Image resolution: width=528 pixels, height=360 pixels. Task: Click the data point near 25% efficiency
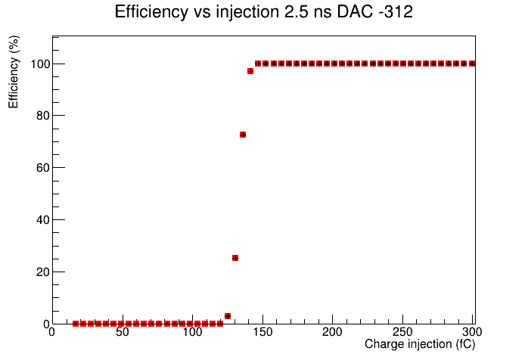pos(235,258)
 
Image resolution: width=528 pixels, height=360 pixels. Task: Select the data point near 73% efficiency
pos(243,135)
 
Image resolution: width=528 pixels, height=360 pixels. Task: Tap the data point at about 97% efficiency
pos(250,71)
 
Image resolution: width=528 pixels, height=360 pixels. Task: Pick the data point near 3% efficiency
pos(228,316)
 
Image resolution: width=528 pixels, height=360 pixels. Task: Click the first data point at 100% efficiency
pos(258,64)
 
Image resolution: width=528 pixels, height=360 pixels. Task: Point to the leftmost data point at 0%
pos(76,324)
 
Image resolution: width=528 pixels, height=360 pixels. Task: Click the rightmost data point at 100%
pos(472,64)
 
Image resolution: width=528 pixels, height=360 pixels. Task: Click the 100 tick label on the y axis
pos(42,64)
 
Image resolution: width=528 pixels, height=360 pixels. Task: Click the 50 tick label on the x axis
pos(122,332)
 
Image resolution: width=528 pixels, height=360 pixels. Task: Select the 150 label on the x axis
pos(262,332)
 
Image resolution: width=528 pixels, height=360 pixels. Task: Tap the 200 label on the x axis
pos(332,332)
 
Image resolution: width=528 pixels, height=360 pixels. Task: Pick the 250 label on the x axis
pos(402,332)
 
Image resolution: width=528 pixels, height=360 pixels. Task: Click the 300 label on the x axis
pos(472,332)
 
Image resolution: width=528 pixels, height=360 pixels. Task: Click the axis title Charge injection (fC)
pos(420,344)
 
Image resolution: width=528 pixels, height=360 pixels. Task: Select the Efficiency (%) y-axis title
pos(14,72)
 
